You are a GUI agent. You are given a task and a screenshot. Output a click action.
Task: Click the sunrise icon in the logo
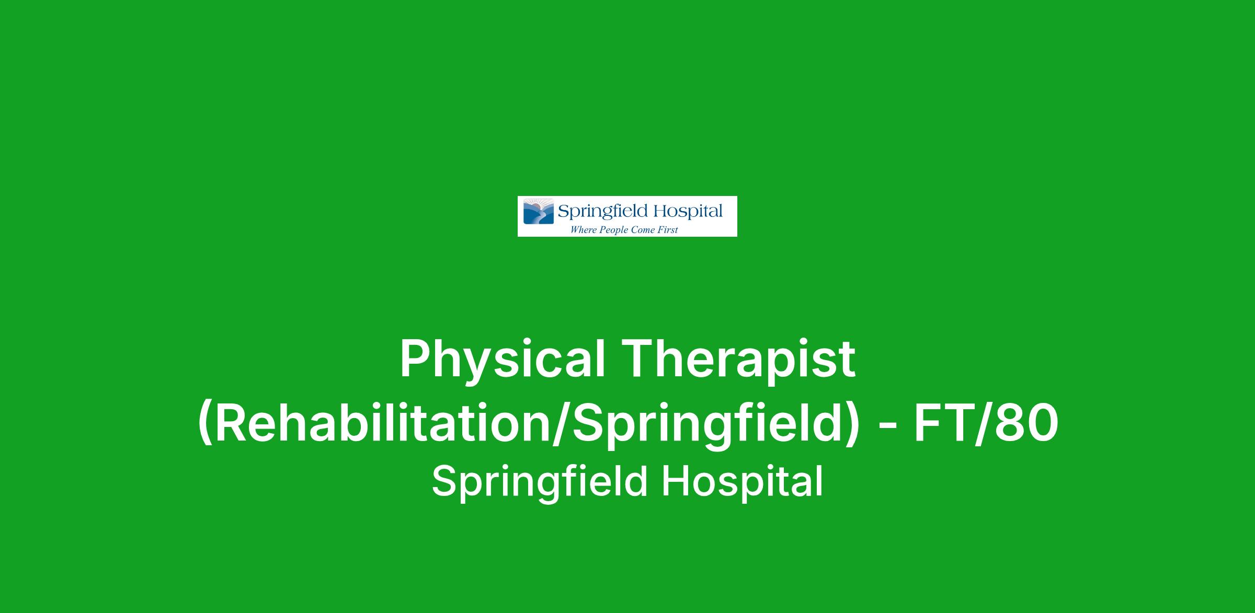(x=539, y=211)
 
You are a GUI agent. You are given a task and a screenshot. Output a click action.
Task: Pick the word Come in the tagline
(x=642, y=229)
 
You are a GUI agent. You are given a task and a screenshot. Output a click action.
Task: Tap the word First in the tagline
(x=667, y=229)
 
